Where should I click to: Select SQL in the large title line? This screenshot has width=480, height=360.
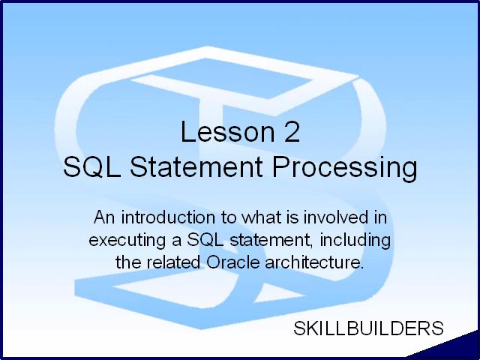click(x=91, y=166)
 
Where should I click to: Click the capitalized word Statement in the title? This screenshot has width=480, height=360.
click(x=196, y=166)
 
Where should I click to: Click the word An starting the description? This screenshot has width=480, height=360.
click(x=104, y=217)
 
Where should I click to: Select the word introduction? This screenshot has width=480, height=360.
click(x=168, y=217)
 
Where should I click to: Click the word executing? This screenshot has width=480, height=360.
click(x=127, y=241)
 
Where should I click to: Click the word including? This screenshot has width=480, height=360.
click(x=355, y=241)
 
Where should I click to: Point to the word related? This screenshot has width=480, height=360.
click(x=173, y=262)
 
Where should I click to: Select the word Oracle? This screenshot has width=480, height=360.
click(x=233, y=262)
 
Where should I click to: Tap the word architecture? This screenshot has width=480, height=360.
click(x=314, y=262)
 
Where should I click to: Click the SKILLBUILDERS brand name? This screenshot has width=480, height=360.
click(x=368, y=328)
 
